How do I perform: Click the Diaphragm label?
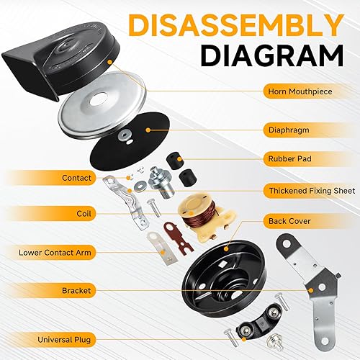coord(290,131)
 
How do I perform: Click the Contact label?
coord(76,177)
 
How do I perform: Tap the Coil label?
coord(84,214)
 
